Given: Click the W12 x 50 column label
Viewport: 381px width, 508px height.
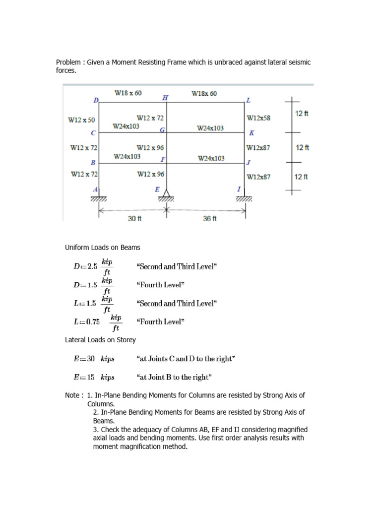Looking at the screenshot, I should click(x=81, y=120).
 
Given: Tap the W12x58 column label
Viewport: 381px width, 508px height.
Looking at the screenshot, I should click(x=258, y=118).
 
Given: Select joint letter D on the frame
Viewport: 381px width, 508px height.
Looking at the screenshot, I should click(x=96, y=100).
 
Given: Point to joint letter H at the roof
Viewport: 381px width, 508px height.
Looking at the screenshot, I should click(x=165, y=98).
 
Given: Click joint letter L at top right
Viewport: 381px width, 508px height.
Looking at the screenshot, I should click(x=249, y=100).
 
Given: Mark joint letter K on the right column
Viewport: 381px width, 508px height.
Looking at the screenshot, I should click(x=252, y=133).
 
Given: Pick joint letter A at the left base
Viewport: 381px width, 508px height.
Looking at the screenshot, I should click(x=96, y=190).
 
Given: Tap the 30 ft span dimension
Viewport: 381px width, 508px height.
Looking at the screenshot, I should click(x=135, y=219).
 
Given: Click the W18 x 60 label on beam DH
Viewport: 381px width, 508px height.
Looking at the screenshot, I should click(x=128, y=93).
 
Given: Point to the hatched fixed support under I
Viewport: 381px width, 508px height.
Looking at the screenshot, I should click(x=244, y=199).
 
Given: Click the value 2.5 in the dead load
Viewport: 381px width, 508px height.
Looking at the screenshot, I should click(x=92, y=266).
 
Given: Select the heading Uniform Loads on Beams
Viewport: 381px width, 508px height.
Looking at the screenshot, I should click(x=103, y=247).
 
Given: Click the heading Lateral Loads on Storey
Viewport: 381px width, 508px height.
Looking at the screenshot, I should click(x=100, y=340).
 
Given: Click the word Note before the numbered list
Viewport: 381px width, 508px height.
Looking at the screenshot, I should click(x=73, y=395).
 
